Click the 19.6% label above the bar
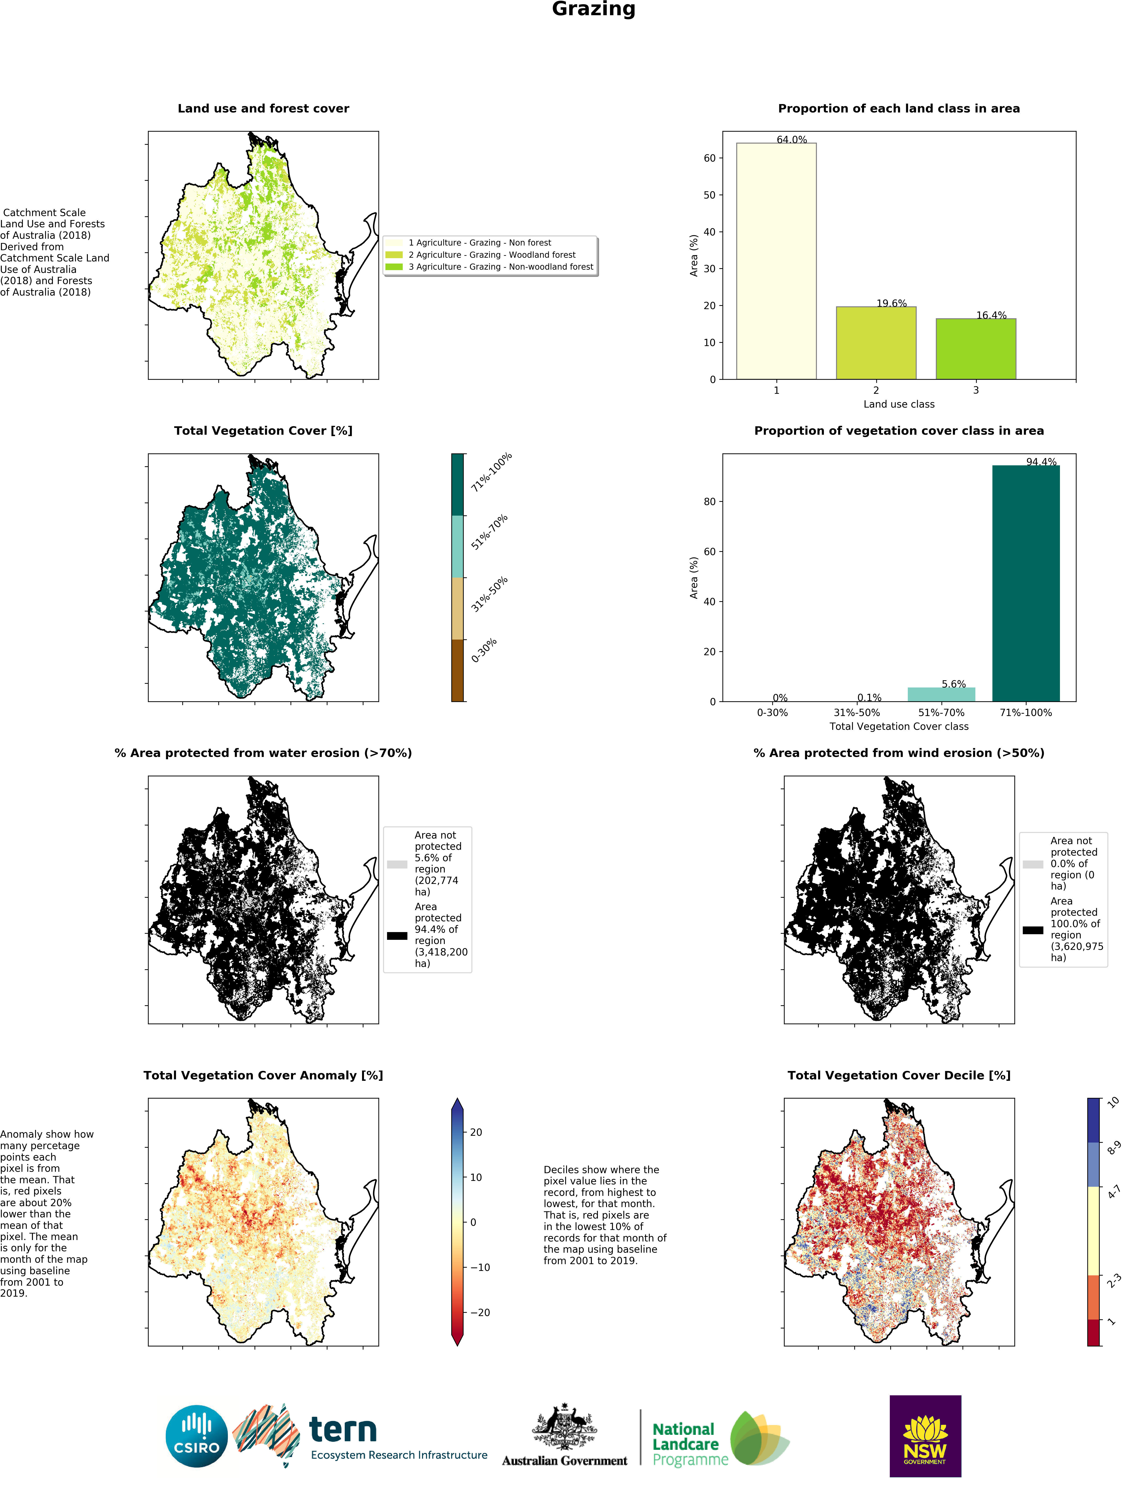point(891,303)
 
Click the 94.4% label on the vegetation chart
point(1041,462)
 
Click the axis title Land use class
point(898,404)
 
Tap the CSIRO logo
point(196,1436)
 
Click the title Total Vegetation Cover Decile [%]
point(898,1075)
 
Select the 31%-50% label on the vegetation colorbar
point(489,594)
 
